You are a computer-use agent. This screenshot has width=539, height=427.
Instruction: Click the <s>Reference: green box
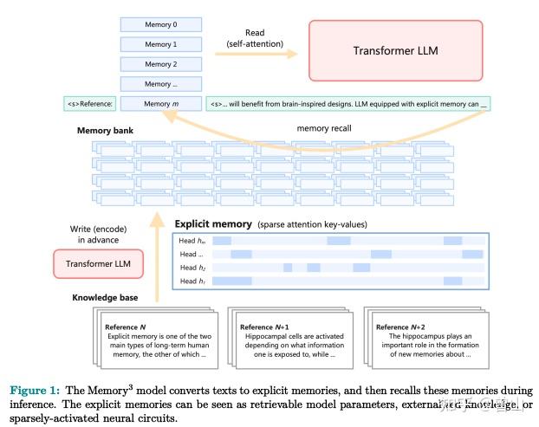(x=89, y=104)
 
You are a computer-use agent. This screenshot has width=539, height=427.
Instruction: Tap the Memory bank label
(x=106, y=130)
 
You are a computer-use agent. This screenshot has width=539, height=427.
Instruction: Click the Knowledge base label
(x=104, y=297)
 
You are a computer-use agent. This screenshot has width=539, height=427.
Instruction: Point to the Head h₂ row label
(x=192, y=268)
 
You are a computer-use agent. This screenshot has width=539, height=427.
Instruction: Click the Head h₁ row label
(x=192, y=281)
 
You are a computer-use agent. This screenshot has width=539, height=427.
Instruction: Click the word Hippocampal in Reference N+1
(x=262, y=336)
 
